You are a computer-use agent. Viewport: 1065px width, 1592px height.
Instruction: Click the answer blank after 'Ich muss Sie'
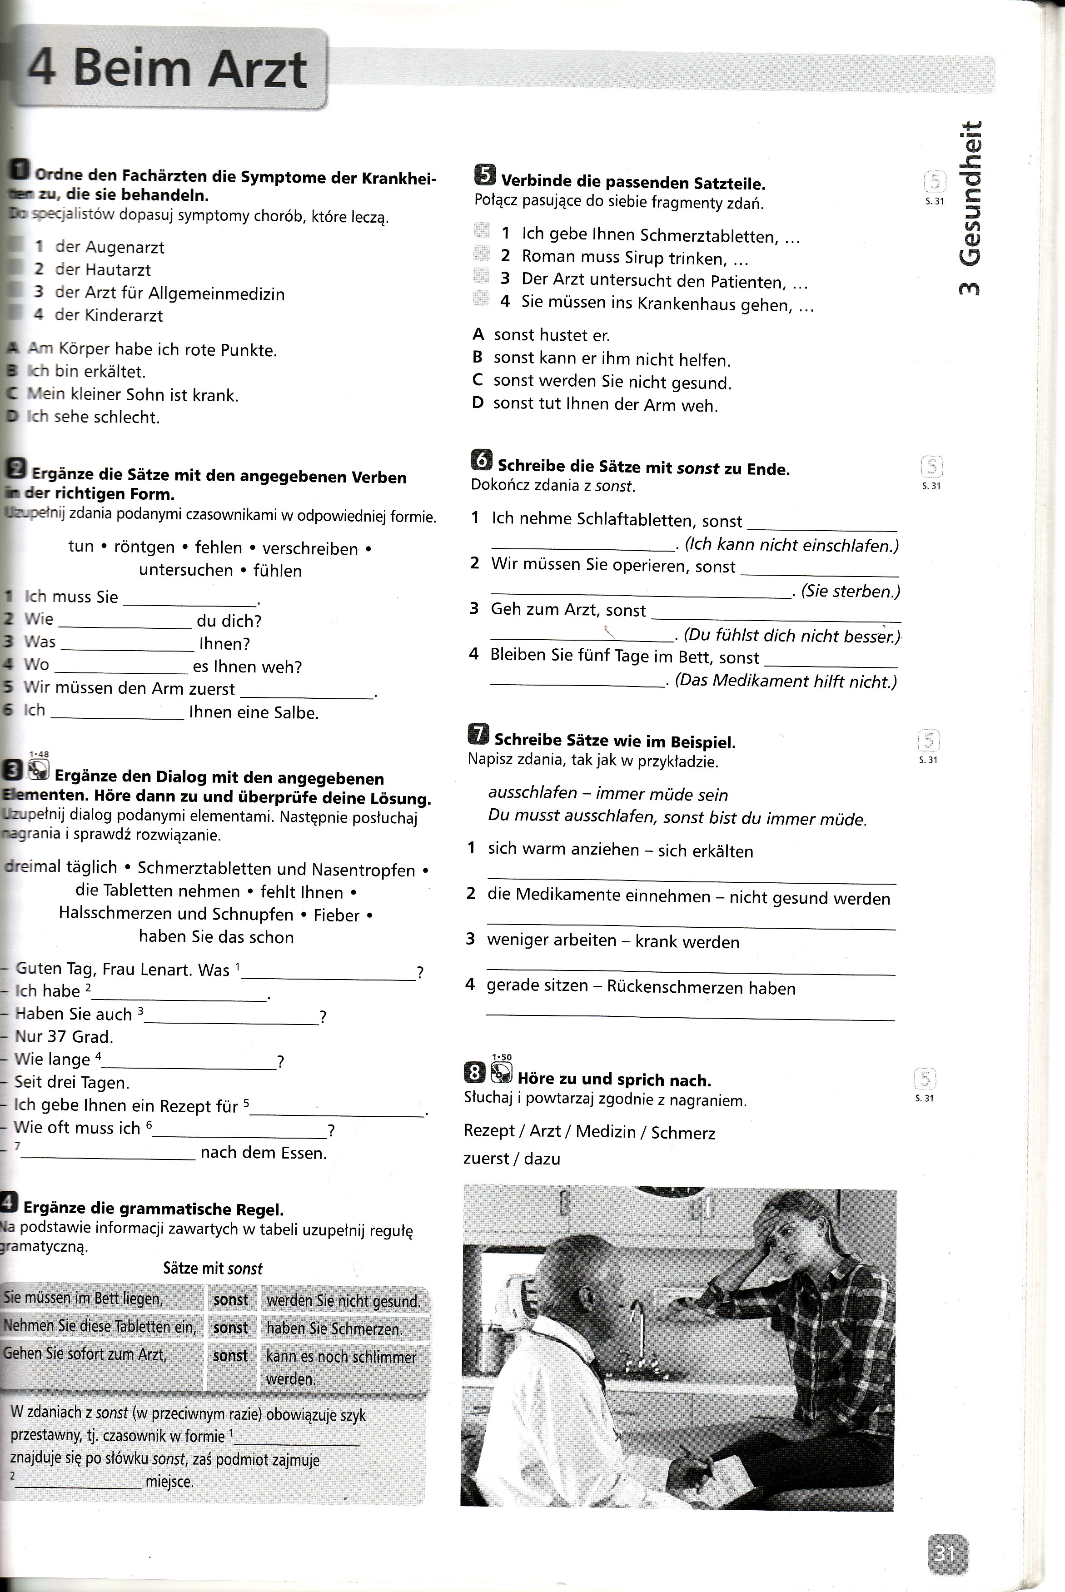point(189,599)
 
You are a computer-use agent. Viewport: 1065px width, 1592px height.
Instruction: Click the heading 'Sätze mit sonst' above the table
point(213,1268)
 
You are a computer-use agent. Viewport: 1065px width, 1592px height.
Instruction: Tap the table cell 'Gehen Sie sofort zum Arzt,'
point(85,1354)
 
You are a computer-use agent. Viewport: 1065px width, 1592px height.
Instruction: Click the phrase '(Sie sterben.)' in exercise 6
point(850,591)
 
